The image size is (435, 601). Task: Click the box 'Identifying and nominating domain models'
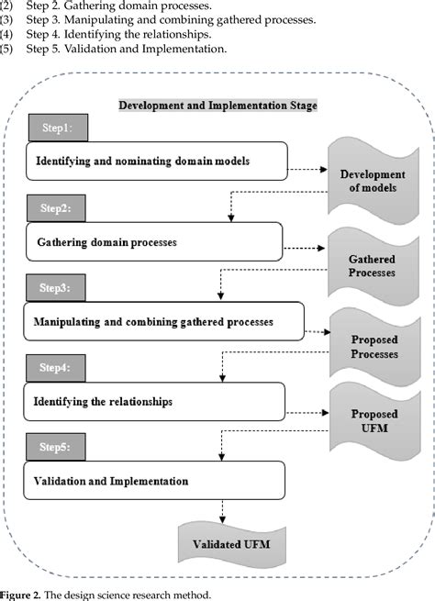coord(156,161)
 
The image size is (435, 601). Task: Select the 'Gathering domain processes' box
coord(153,242)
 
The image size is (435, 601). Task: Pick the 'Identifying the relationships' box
coord(153,402)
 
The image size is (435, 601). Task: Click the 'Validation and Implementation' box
coord(153,481)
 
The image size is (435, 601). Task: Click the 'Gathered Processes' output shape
coord(371,266)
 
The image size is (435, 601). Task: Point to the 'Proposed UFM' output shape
coord(371,425)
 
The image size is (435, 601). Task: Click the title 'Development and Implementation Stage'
coord(217,106)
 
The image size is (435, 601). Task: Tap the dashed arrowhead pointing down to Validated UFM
coord(223,520)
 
